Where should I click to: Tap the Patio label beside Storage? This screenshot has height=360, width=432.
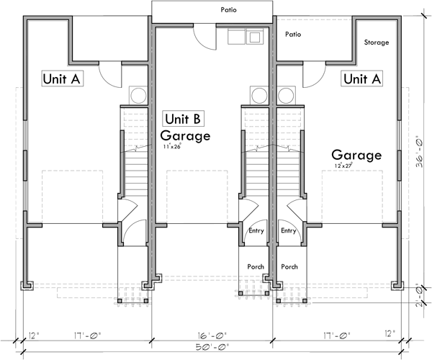point(292,34)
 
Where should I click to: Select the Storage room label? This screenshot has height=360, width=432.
point(376,42)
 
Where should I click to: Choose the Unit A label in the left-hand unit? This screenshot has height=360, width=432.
point(61,78)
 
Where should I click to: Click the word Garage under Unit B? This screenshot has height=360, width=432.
point(185,135)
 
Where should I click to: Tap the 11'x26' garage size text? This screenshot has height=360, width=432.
point(173,147)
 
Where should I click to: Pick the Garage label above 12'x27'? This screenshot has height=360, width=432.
point(356,155)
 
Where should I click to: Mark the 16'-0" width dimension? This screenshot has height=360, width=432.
point(212,335)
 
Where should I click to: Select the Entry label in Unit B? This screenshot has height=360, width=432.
point(256,231)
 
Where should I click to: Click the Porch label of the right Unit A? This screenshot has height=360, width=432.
point(289,266)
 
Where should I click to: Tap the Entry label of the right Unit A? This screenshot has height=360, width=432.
point(289,231)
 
